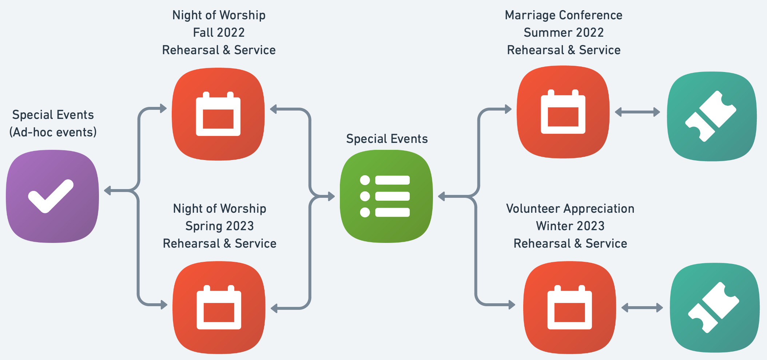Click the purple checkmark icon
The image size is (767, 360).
[52, 196]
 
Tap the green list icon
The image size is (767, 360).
[386, 196]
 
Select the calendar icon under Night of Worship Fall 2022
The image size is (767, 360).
[218, 114]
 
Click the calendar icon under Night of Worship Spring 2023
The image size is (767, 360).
[219, 308]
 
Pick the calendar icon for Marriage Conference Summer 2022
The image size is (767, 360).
[563, 112]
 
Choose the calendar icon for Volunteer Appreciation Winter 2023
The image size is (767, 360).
[569, 308]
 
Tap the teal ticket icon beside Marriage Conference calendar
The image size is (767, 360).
[712, 116]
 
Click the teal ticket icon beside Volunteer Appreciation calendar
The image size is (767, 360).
[715, 308]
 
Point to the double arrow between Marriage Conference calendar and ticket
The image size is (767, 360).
[637, 112]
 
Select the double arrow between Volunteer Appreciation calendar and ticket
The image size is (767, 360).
[642, 308]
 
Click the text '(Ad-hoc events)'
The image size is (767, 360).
[53, 132]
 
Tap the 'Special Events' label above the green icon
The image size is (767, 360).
[387, 139]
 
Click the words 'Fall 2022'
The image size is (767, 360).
[219, 33]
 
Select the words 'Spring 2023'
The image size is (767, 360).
[219, 226]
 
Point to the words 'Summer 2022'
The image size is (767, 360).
[564, 33]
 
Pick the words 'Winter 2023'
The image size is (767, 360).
[570, 226]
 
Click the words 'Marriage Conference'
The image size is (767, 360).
[564, 15]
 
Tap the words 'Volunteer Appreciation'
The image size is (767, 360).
[570, 209]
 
